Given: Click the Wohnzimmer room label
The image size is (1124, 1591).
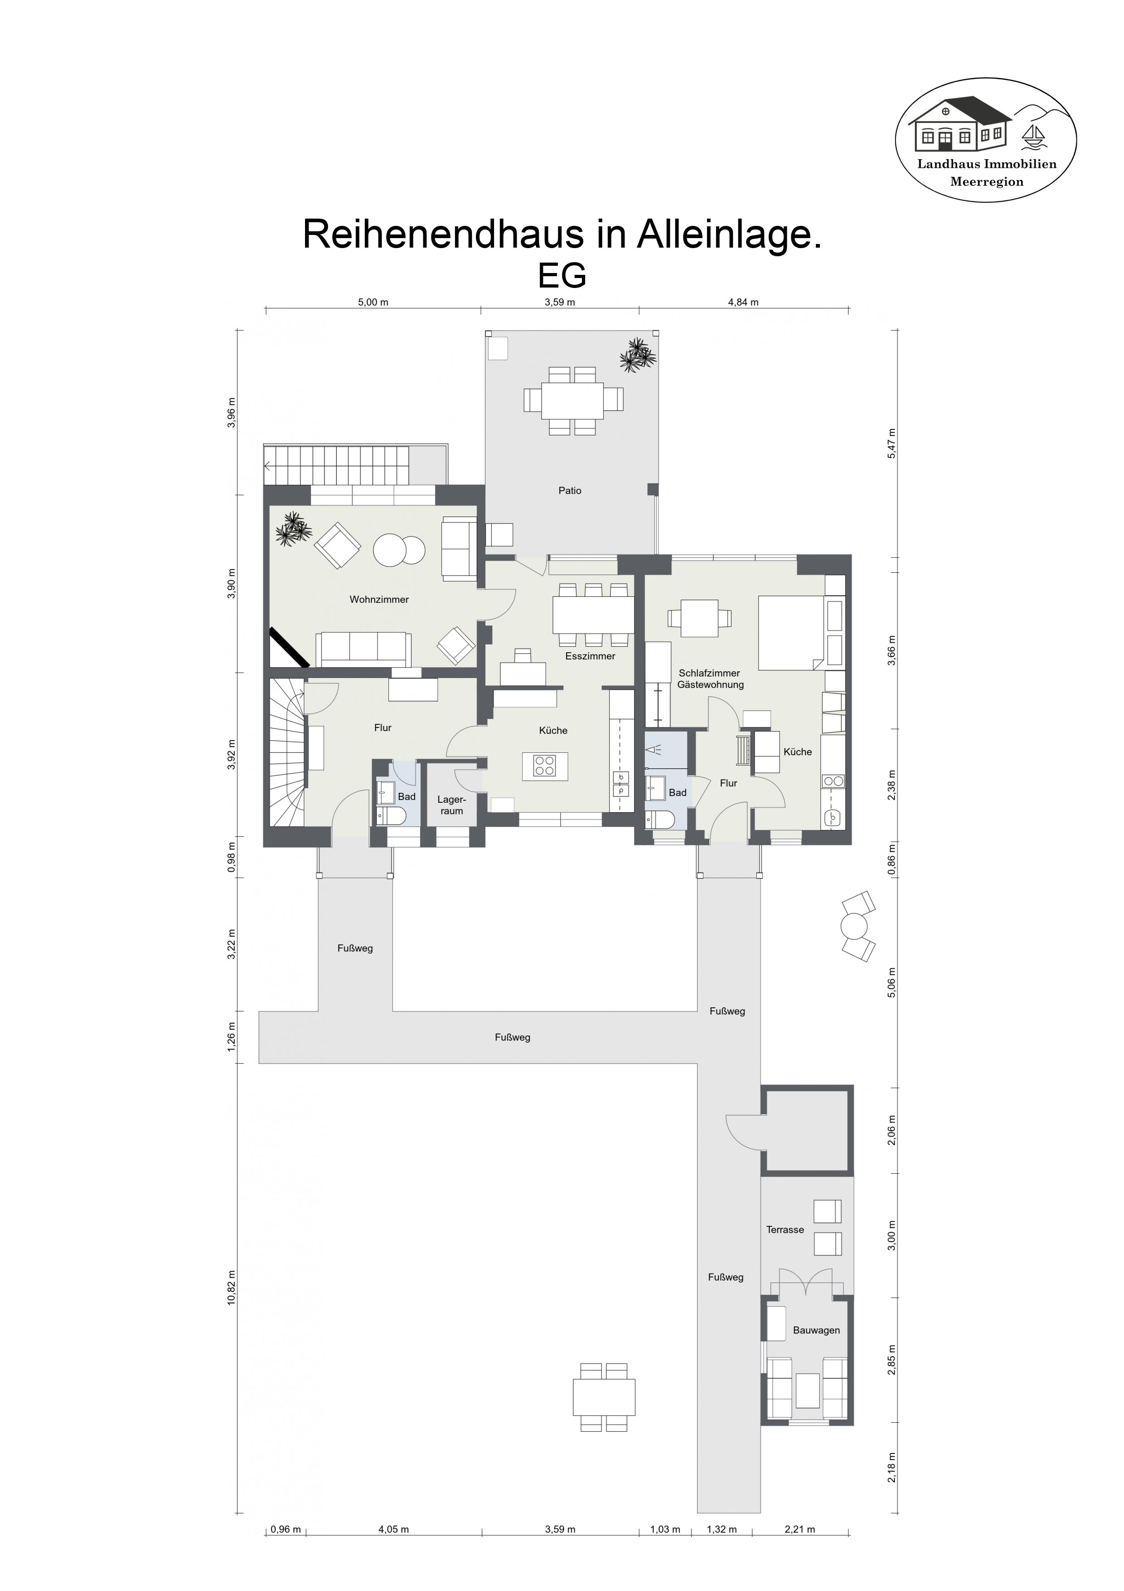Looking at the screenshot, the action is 379,600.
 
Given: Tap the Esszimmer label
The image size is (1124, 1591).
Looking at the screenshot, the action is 590,656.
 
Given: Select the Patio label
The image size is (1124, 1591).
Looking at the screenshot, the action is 570,491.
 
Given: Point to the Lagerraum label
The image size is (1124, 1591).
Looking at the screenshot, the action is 451,805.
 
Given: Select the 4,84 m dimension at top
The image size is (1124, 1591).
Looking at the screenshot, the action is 743,302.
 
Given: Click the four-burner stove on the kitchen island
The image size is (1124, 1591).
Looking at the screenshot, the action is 544,766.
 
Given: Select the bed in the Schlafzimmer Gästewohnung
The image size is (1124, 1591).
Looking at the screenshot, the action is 791,633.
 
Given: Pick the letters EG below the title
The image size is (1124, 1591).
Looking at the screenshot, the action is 562,275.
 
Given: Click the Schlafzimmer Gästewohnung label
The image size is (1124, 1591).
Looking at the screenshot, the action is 710,679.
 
